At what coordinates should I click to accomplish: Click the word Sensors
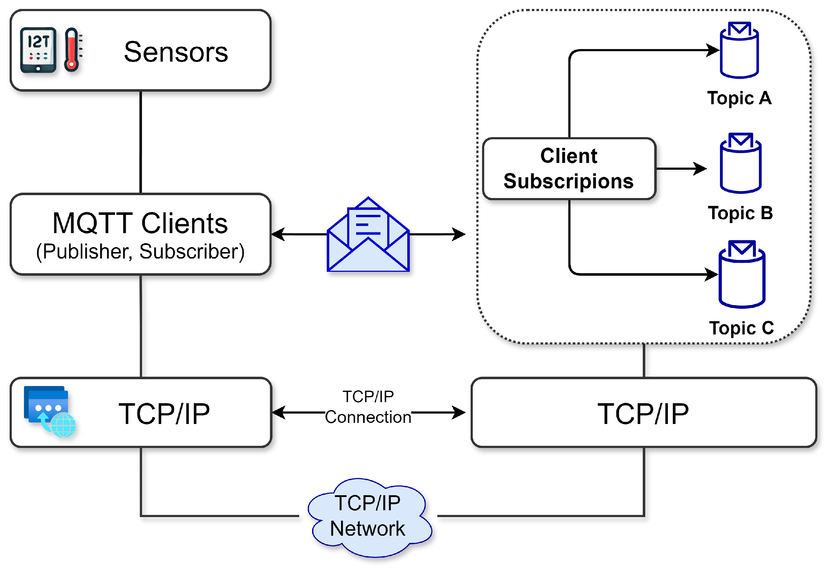coord(176,52)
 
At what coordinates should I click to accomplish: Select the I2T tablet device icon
coord(38,50)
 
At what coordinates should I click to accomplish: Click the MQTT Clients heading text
coord(140,223)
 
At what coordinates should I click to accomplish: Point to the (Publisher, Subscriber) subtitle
coord(140,251)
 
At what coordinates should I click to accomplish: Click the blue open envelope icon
coord(368,235)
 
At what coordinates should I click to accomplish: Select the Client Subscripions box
coord(569,168)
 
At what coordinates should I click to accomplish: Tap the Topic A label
coord(739,98)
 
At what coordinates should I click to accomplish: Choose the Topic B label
coord(740,213)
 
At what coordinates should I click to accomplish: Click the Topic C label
coord(741,328)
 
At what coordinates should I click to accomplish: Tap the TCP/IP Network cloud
coord(369,517)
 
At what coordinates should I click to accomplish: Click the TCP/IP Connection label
coord(368,407)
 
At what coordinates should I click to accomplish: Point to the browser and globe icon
coord(49,411)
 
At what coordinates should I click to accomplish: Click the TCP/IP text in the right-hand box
coord(643,414)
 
